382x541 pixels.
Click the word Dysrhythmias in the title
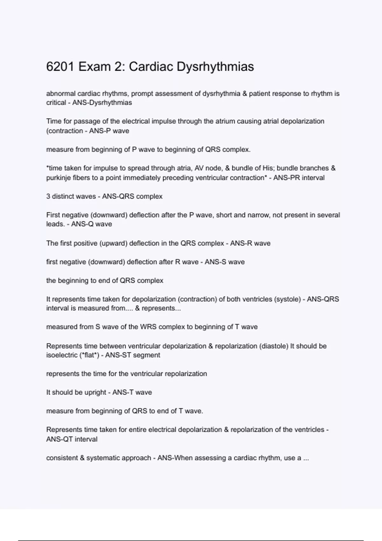[x=215, y=67]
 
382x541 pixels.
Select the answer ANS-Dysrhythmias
[x=102, y=103]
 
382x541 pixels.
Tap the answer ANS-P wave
[x=109, y=131]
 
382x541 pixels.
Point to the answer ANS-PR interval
[x=299, y=178]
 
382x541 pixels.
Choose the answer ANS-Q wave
[x=91, y=224]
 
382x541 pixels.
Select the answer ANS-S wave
[x=224, y=262]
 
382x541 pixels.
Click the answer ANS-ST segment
[x=132, y=355]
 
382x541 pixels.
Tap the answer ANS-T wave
[x=132, y=392]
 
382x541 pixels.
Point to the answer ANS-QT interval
[x=72, y=439]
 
